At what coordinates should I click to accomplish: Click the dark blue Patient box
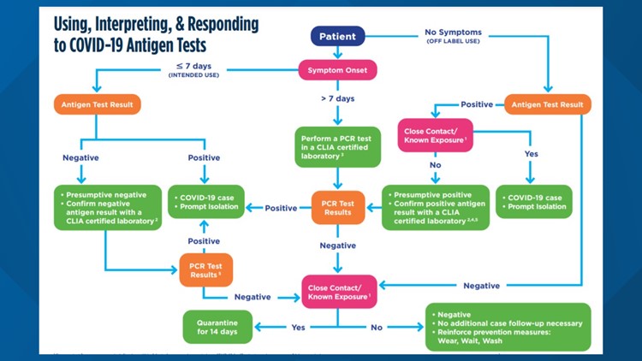click(336, 37)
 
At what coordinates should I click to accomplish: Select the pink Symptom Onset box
click(336, 69)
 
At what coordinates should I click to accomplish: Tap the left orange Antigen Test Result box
click(97, 105)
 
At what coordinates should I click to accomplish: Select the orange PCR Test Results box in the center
click(337, 207)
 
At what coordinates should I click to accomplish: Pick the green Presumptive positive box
click(436, 208)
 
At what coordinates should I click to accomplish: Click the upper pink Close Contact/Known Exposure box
click(435, 134)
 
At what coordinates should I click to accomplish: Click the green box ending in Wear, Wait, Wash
click(508, 327)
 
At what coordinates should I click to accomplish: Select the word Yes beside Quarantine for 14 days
click(299, 327)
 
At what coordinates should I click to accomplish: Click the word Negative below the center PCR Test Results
click(336, 245)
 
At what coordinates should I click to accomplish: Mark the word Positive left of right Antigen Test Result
click(477, 104)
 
